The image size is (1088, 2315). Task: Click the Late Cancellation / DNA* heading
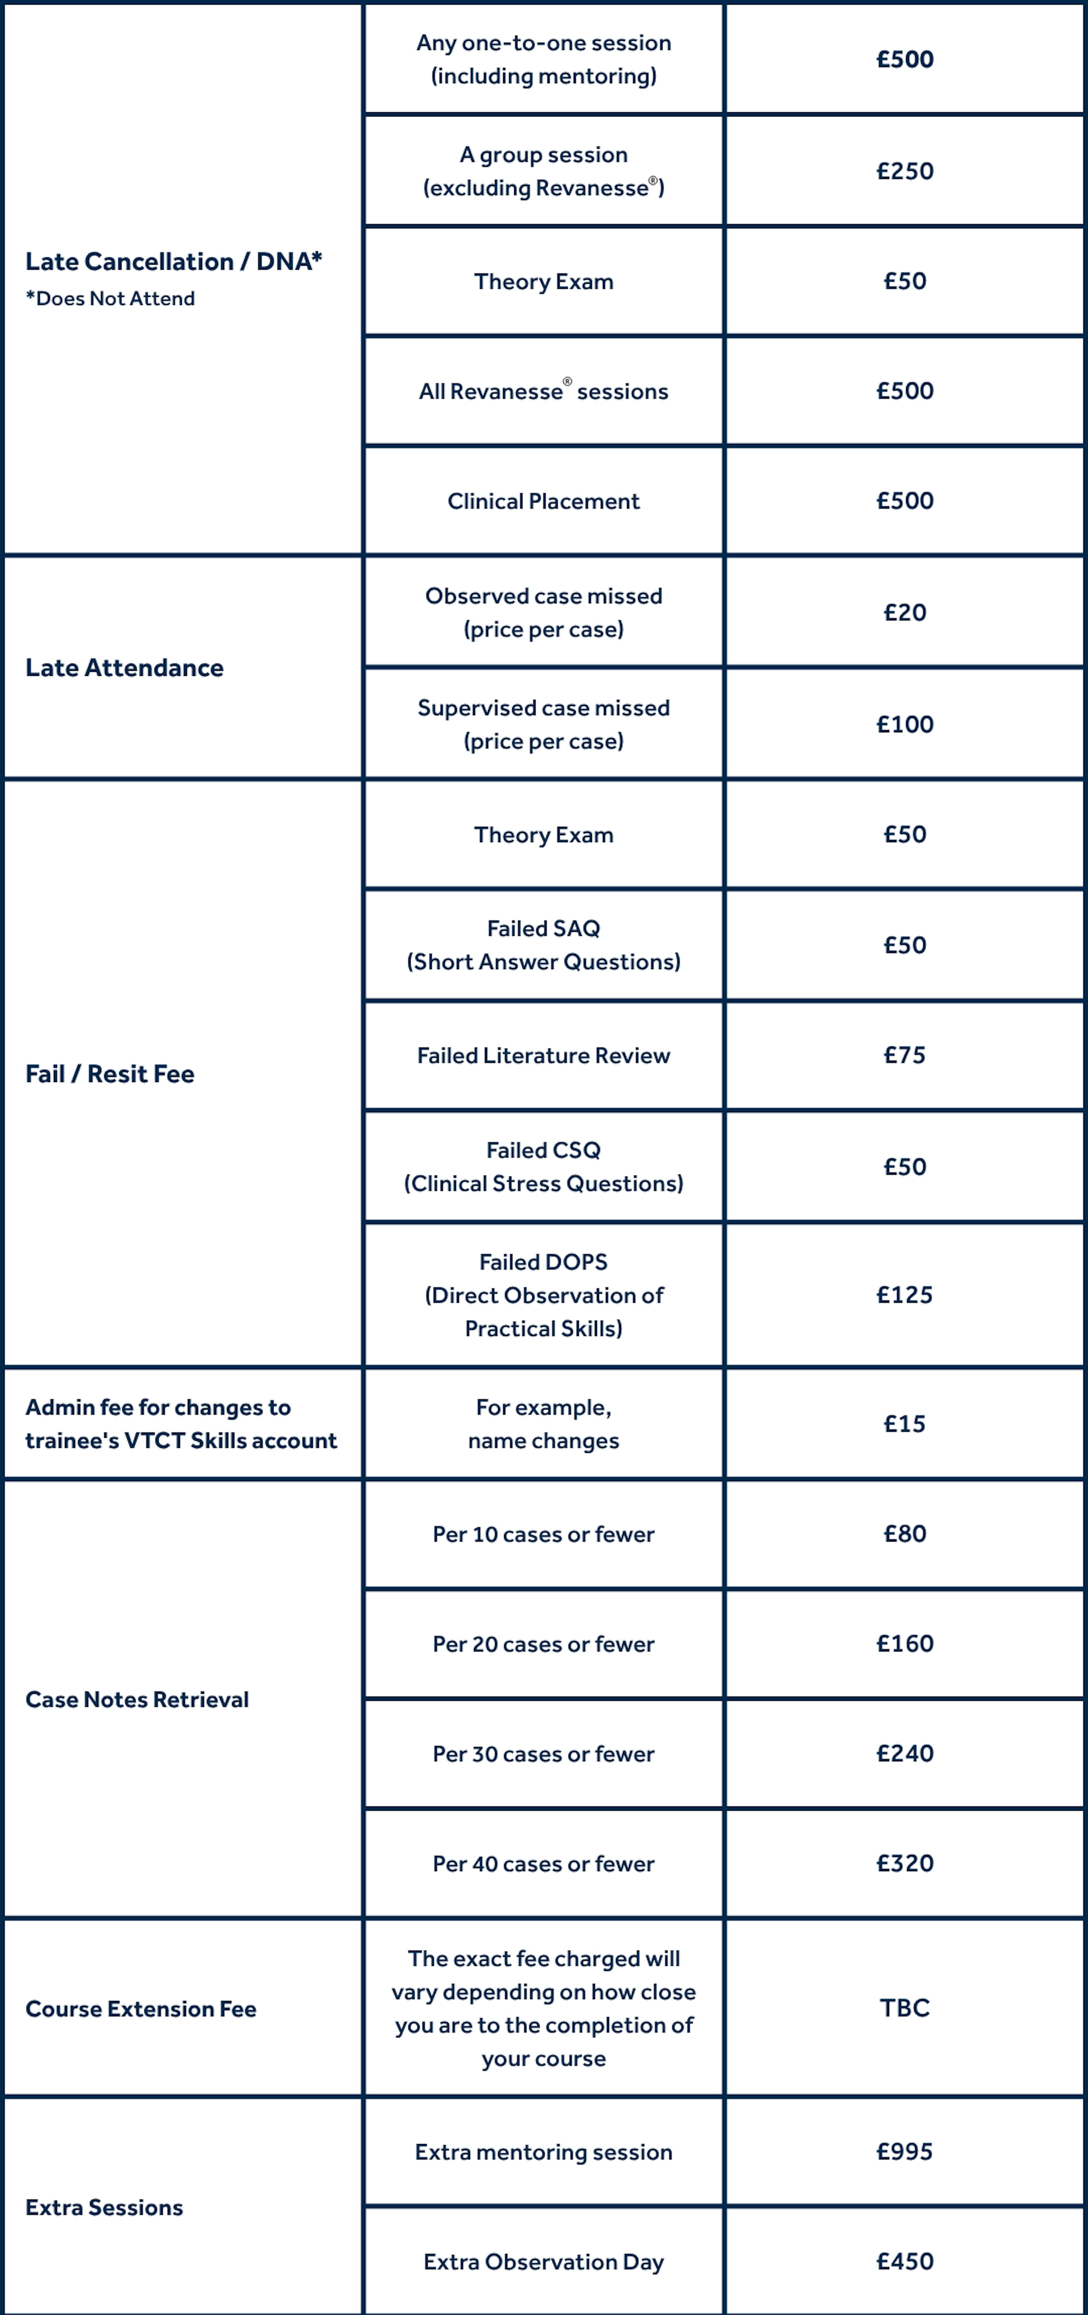click(173, 262)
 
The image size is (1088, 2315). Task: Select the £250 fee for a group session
click(905, 171)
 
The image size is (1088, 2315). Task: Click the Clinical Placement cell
click(543, 501)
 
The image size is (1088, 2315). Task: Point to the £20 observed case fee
click(905, 612)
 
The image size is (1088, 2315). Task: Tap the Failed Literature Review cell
click(543, 1055)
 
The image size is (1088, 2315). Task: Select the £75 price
click(905, 1055)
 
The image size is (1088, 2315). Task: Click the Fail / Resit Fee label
click(110, 1074)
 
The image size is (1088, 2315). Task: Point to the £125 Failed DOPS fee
click(905, 1295)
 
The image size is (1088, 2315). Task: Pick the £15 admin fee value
click(905, 1424)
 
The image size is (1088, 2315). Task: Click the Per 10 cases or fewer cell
click(543, 1534)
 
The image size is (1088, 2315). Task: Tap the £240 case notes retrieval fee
click(905, 1753)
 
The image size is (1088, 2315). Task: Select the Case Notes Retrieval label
click(137, 1699)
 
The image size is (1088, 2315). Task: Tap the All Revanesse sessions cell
click(543, 391)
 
